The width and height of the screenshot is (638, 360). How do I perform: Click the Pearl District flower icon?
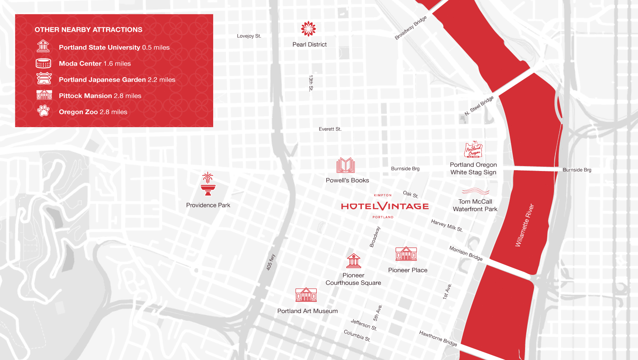308,29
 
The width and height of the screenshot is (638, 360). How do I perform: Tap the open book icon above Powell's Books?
346,165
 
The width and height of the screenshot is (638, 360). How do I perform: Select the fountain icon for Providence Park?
208,184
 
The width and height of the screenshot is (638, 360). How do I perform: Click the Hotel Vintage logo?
385,206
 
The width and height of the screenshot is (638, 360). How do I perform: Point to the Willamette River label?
524,225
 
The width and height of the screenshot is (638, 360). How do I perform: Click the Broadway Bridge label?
411,28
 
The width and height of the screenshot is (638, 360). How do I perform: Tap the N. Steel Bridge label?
479,106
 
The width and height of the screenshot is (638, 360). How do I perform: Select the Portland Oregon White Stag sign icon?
473,150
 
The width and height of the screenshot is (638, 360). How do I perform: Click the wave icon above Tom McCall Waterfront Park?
475,191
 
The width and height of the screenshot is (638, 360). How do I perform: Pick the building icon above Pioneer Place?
406,254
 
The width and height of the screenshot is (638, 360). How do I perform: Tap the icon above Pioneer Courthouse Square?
354,261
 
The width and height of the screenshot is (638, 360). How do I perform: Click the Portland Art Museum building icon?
306,295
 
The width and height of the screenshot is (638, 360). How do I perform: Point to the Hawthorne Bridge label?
438,338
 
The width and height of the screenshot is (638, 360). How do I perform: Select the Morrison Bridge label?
466,253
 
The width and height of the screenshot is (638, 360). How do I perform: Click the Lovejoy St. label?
249,36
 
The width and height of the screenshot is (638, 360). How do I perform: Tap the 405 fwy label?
271,262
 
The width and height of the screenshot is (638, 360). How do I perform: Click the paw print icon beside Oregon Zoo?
44,111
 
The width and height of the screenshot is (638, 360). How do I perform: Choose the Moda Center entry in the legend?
95,64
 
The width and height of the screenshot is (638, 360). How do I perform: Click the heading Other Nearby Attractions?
89,30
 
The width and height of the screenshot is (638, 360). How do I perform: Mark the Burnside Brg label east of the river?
577,170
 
